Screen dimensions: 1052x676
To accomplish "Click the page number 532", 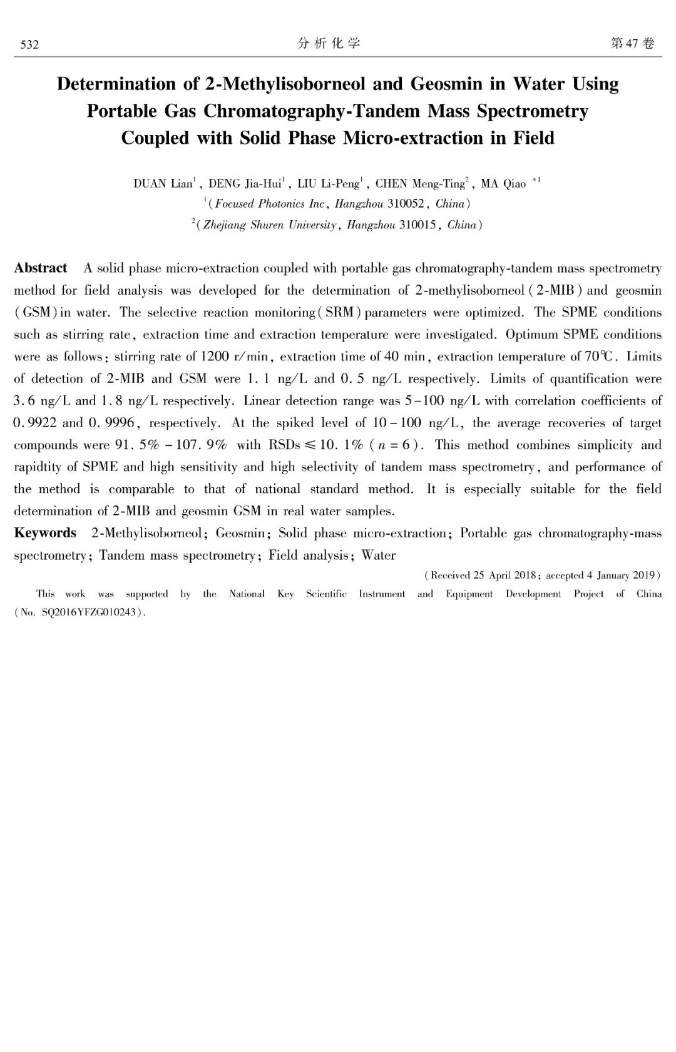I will (x=29, y=44).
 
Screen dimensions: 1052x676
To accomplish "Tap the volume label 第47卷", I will (x=632, y=44).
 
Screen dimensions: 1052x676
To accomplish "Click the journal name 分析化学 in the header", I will (x=329, y=44).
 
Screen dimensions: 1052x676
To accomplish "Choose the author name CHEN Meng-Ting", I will (x=420, y=184).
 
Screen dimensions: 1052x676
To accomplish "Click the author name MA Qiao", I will (x=503, y=184).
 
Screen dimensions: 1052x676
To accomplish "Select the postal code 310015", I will (x=417, y=225).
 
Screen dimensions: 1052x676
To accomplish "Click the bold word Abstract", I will (x=41, y=268).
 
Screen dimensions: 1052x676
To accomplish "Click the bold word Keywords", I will (x=45, y=534).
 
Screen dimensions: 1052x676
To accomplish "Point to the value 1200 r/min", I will (x=234, y=357).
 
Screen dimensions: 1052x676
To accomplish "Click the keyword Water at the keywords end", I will (x=378, y=555).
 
